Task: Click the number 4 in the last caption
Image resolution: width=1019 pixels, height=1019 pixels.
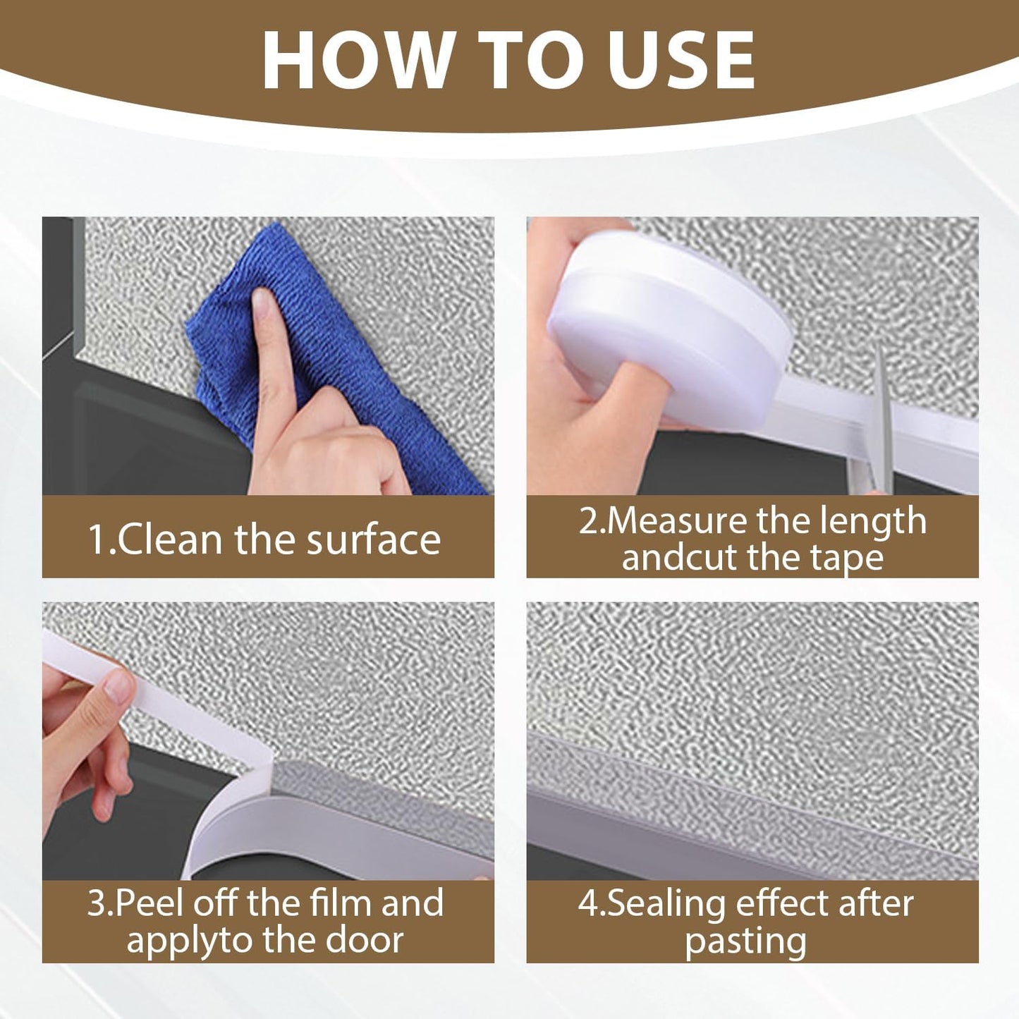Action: [x=587, y=903]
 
